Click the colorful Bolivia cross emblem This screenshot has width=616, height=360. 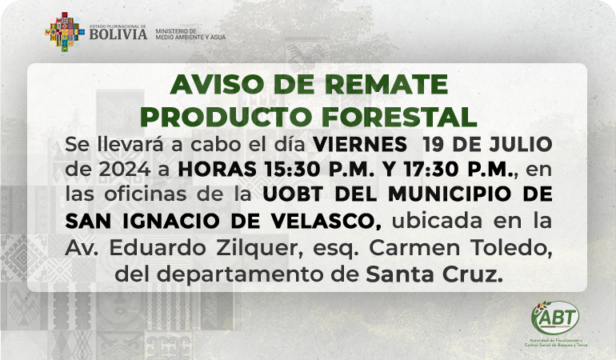pyautogui.click(x=65, y=32)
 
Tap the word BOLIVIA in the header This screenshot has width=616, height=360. pyautogui.click(x=118, y=34)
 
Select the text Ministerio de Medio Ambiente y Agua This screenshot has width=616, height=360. pyautogui.click(x=190, y=34)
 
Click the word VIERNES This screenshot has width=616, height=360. pyautogui.click(x=360, y=145)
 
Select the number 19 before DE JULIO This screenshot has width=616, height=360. pyautogui.click(x=433, y=145)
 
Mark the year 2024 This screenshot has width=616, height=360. pyautogui.click(x=125, y=170)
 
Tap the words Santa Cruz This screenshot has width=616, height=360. pyautogui.click(x=434, y=274)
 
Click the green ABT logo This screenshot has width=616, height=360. pyautogui.click(x=555, y=318)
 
